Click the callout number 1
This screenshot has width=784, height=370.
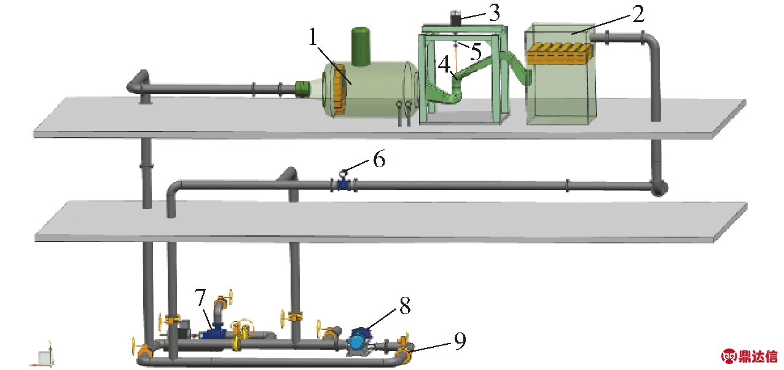click(x=313, y=39)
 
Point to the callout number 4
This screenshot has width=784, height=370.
click(x=443, y=63)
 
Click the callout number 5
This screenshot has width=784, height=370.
click(x=476, y=50)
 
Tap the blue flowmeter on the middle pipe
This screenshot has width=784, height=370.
click(x=343, y=183)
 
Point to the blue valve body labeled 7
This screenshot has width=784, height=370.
click(x=215, y=333)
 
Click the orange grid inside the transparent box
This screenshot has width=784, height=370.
click(x=559, y=53)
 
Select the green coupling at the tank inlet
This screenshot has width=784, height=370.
click(x=303, y=89)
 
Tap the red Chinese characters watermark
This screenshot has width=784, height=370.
click(x=758, y=356)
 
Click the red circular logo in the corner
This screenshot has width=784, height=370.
click(x=729, y=356)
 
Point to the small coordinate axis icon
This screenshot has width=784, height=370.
click(x=44, y=356)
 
